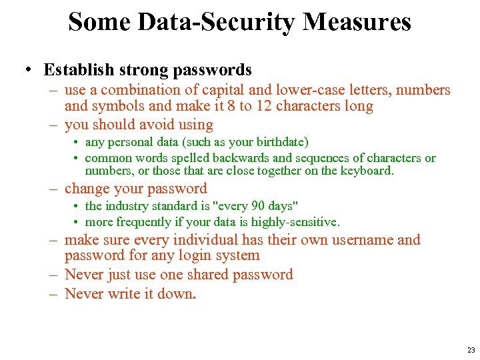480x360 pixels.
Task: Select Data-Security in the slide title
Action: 215,22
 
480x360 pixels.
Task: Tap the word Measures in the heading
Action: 357,22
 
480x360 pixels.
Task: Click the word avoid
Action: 157,125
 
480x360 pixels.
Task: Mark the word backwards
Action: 240,158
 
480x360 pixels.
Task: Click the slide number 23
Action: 471,350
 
